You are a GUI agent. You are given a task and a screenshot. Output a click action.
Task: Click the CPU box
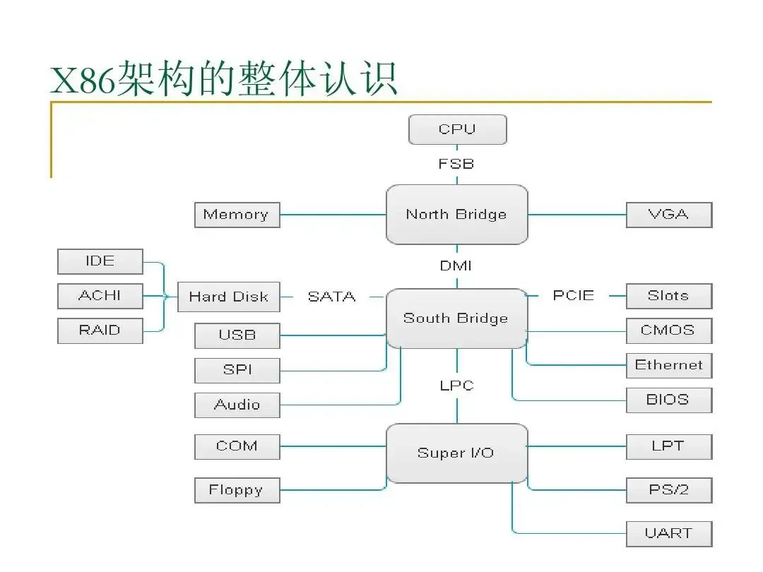458,129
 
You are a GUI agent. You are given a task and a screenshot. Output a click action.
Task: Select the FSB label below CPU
456,164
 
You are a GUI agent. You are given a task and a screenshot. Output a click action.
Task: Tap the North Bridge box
456,215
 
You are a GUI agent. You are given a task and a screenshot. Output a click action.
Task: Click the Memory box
237,215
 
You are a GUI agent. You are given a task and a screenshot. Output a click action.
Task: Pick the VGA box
668,215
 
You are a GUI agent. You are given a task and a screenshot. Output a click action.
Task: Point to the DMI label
456,266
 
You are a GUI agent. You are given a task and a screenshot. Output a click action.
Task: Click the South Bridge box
456,318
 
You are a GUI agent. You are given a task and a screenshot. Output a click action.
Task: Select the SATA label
331,297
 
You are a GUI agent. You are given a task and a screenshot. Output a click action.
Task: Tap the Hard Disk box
228,297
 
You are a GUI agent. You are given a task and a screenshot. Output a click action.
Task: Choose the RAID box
100,330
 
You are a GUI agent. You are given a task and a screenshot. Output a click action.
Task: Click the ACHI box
100,296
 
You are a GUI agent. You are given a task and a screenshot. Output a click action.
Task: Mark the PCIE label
573,296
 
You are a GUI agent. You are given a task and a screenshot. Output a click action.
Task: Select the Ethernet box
668,365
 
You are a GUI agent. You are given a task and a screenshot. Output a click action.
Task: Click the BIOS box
668,400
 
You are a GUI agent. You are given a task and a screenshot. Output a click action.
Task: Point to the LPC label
456,386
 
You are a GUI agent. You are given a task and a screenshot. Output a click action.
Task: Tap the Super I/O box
456,453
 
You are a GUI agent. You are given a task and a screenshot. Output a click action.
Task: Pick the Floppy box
237,490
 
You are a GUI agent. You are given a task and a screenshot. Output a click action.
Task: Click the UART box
668,533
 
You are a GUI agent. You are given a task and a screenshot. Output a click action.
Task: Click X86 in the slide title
83,79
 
